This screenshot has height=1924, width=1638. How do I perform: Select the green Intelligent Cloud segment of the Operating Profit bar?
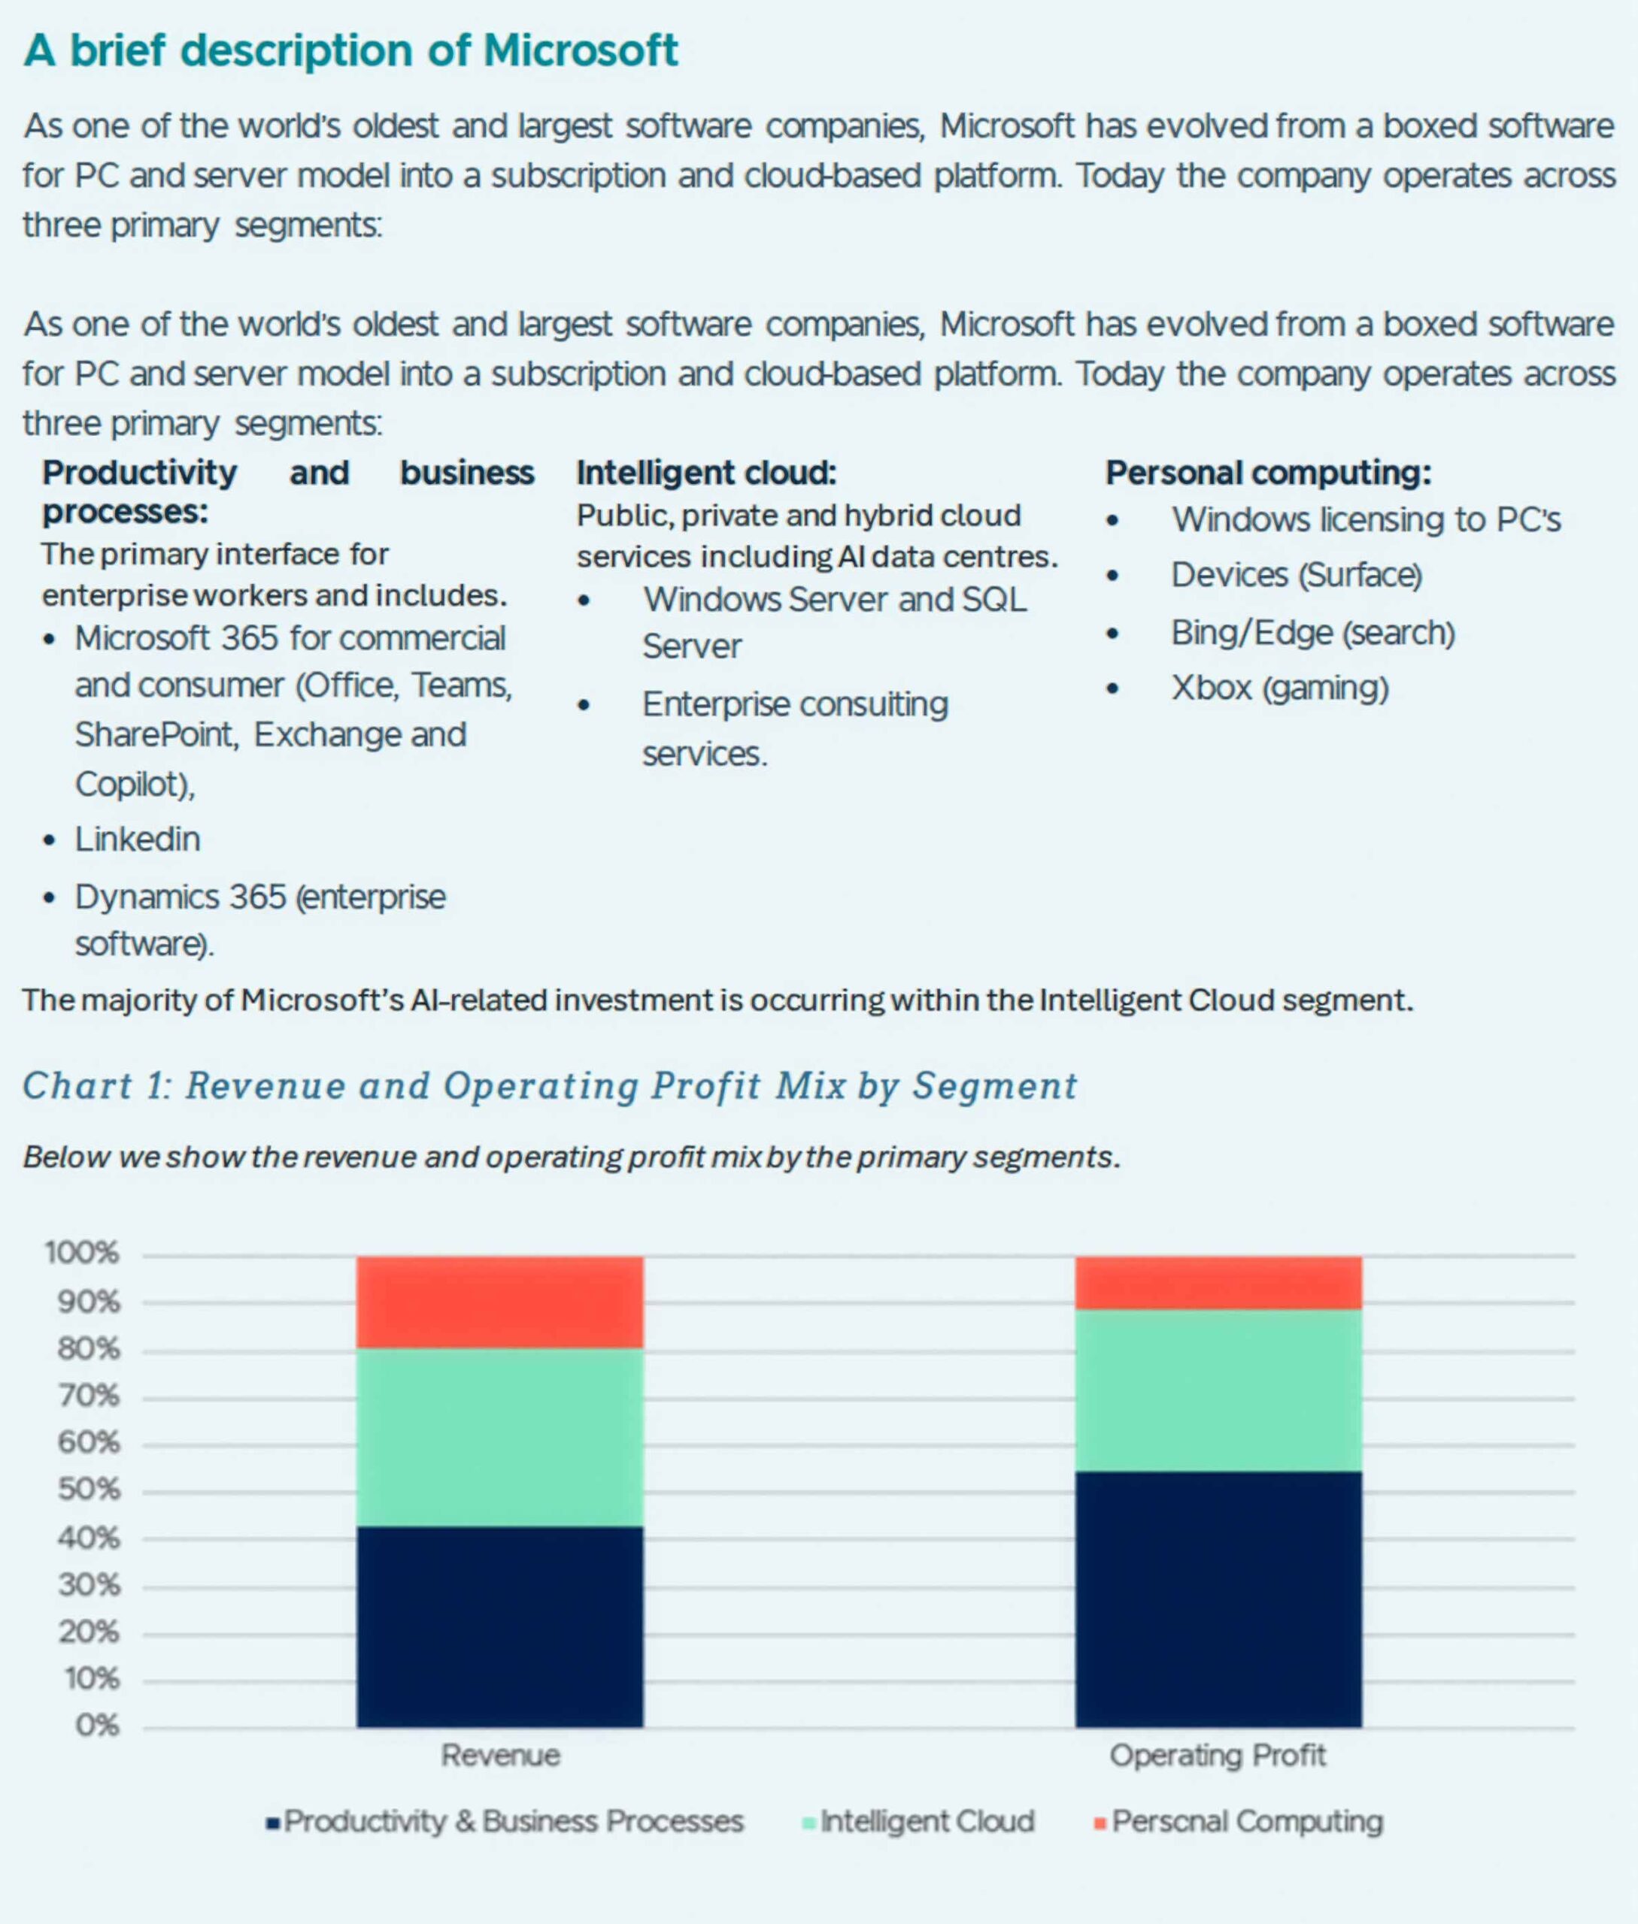1218,1390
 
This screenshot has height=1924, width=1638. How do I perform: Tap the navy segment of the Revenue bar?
499,1626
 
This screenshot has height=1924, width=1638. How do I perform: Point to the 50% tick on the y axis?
89,1490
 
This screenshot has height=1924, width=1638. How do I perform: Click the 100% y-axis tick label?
82,1253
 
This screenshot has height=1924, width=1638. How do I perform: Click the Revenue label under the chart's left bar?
501,1755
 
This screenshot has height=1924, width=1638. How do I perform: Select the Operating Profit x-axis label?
1218,1756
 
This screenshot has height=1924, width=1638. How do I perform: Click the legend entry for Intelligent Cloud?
918,1821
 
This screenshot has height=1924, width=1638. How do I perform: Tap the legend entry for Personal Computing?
1239,1822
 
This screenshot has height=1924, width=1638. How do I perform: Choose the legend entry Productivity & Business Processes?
505,1822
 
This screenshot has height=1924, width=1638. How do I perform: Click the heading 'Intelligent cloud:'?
705,473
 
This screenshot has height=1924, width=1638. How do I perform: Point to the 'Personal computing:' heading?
1269,473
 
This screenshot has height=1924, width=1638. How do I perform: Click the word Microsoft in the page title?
581,50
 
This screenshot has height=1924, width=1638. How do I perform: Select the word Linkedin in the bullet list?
138,839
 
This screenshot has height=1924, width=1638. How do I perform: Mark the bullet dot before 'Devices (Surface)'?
1112,576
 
